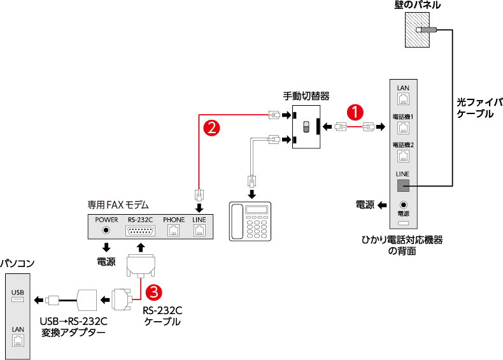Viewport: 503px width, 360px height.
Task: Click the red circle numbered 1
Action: click(354, 111)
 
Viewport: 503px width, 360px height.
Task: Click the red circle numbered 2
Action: click(211, 127)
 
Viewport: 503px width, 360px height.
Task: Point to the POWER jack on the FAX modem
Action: click(106, 231)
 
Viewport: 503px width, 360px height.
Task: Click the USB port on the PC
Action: click(17, 299)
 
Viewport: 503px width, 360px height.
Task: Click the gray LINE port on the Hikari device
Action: click(402, 185)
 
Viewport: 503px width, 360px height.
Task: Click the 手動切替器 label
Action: click(306, 96)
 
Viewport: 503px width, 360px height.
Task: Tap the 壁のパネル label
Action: click(418, 5)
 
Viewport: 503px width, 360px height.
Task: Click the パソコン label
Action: click(17, 263)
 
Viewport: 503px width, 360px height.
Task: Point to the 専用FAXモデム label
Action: click(118, 205)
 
